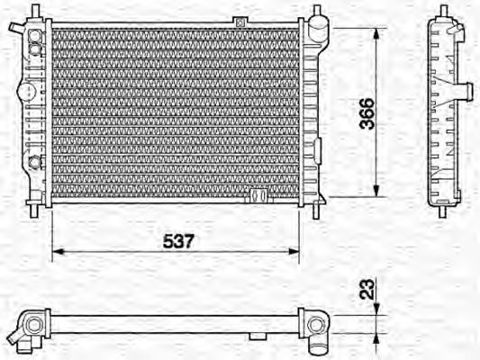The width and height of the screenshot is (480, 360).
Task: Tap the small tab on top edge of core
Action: (x=240, y=21)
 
